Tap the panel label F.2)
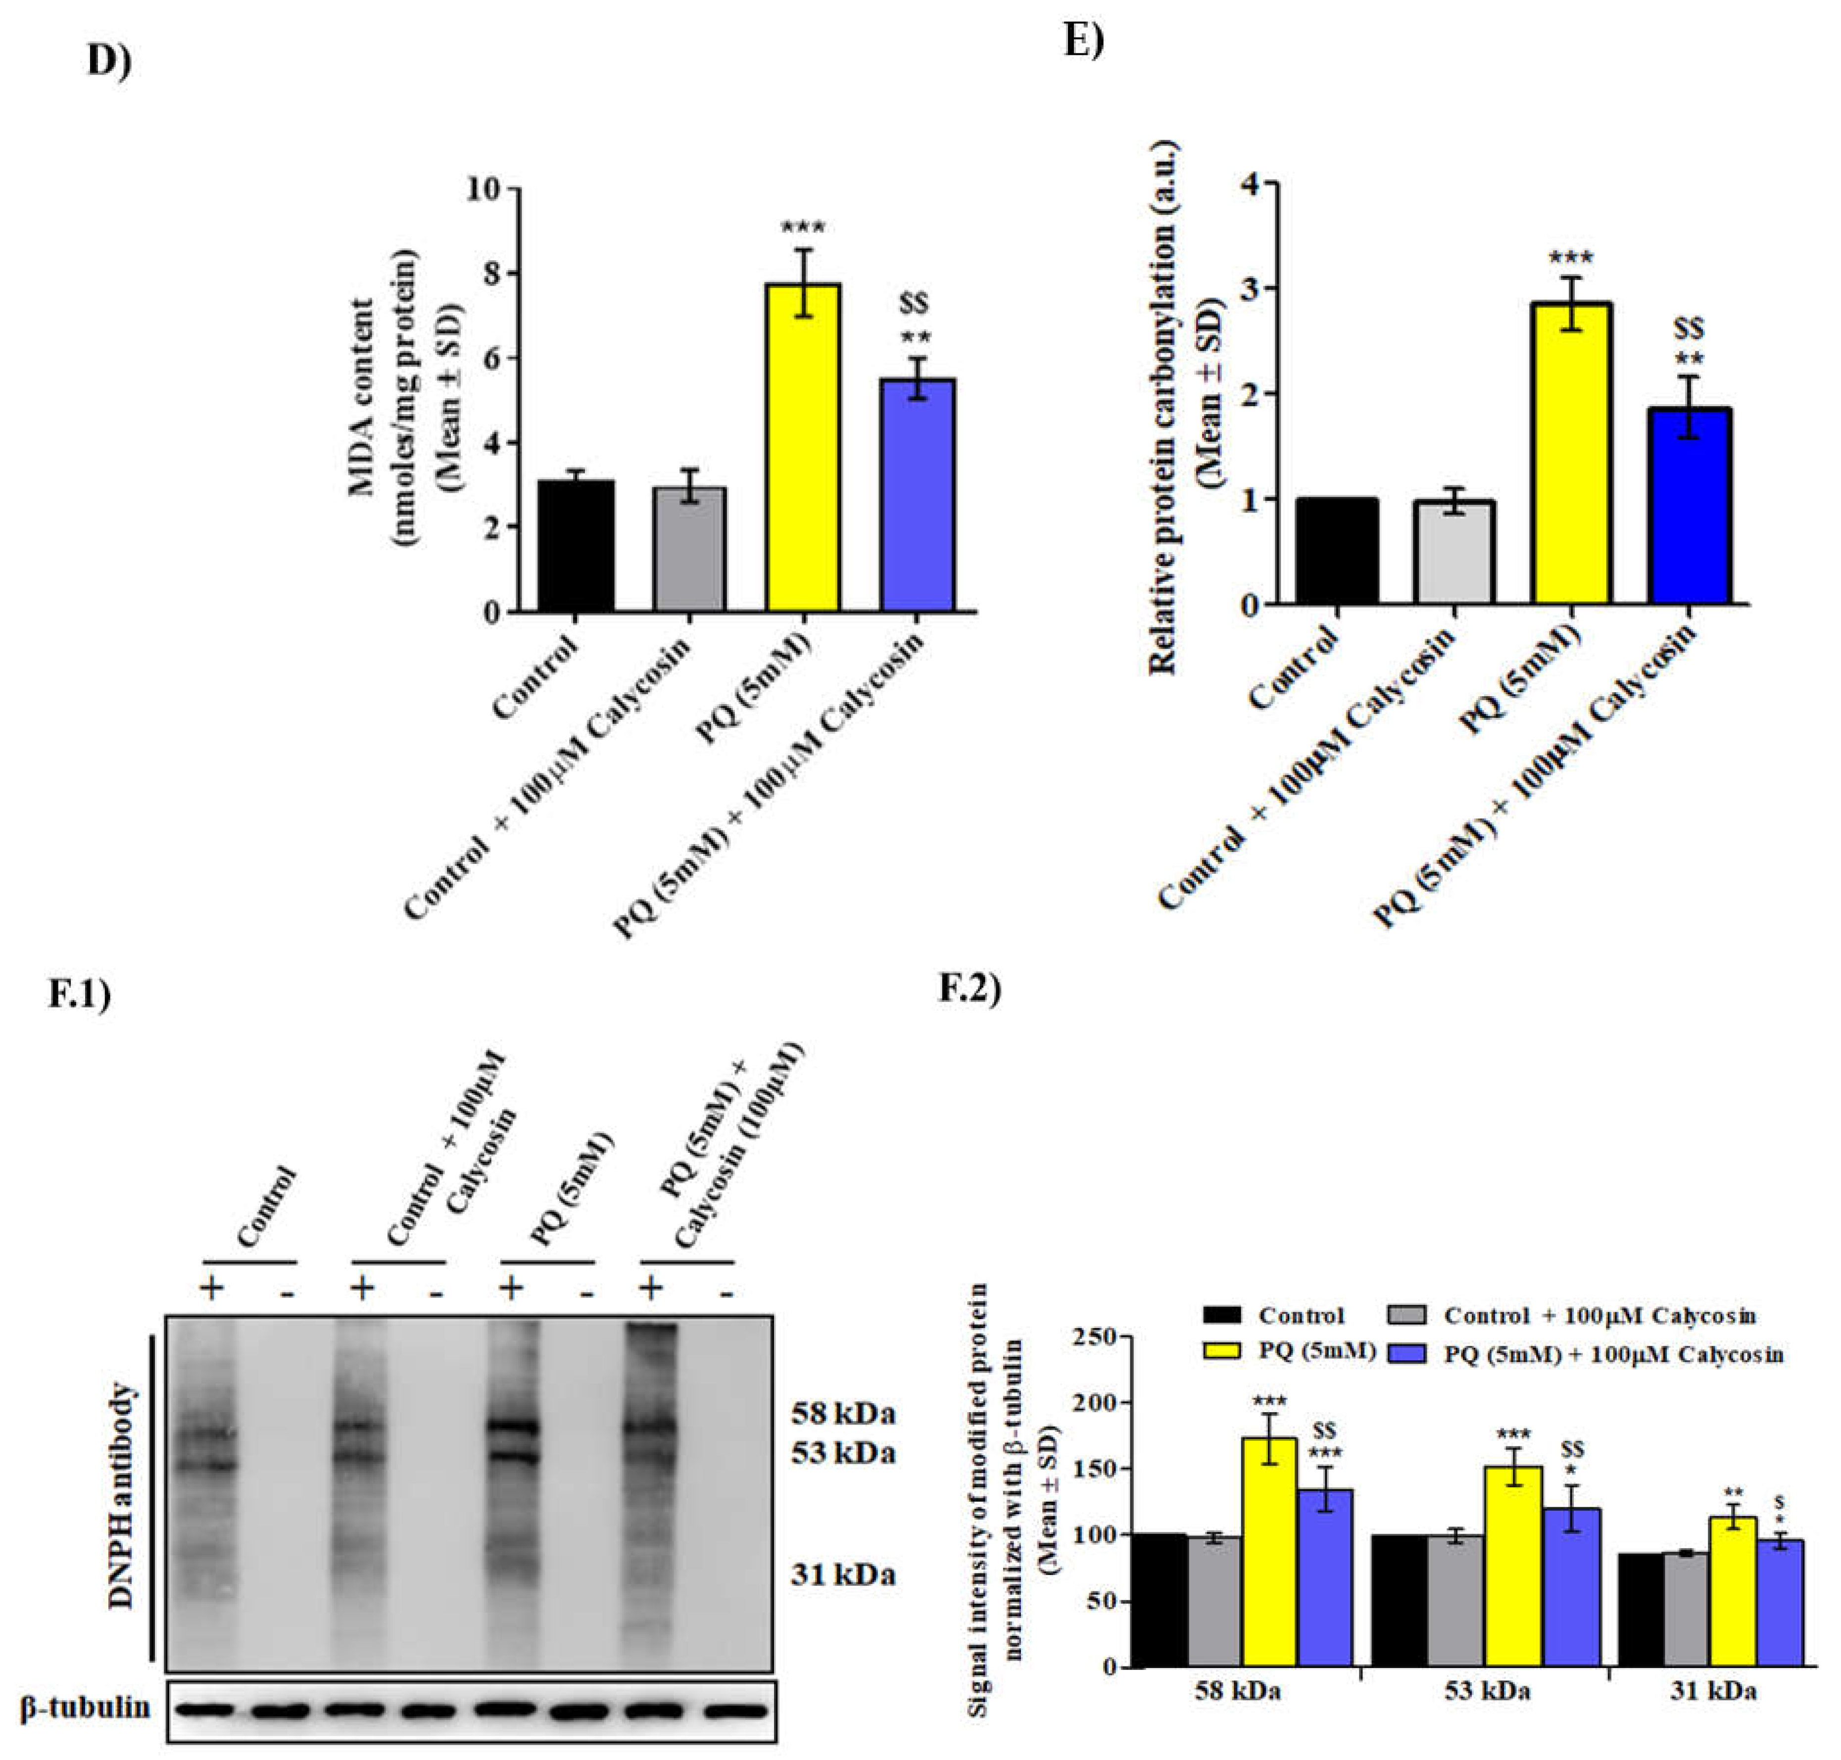click(x=969, y=990)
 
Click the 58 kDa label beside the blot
click(x=842, y=1413)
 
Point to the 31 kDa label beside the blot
click(x=842, y=1574)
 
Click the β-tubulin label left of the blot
click(x=85, y=1708)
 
